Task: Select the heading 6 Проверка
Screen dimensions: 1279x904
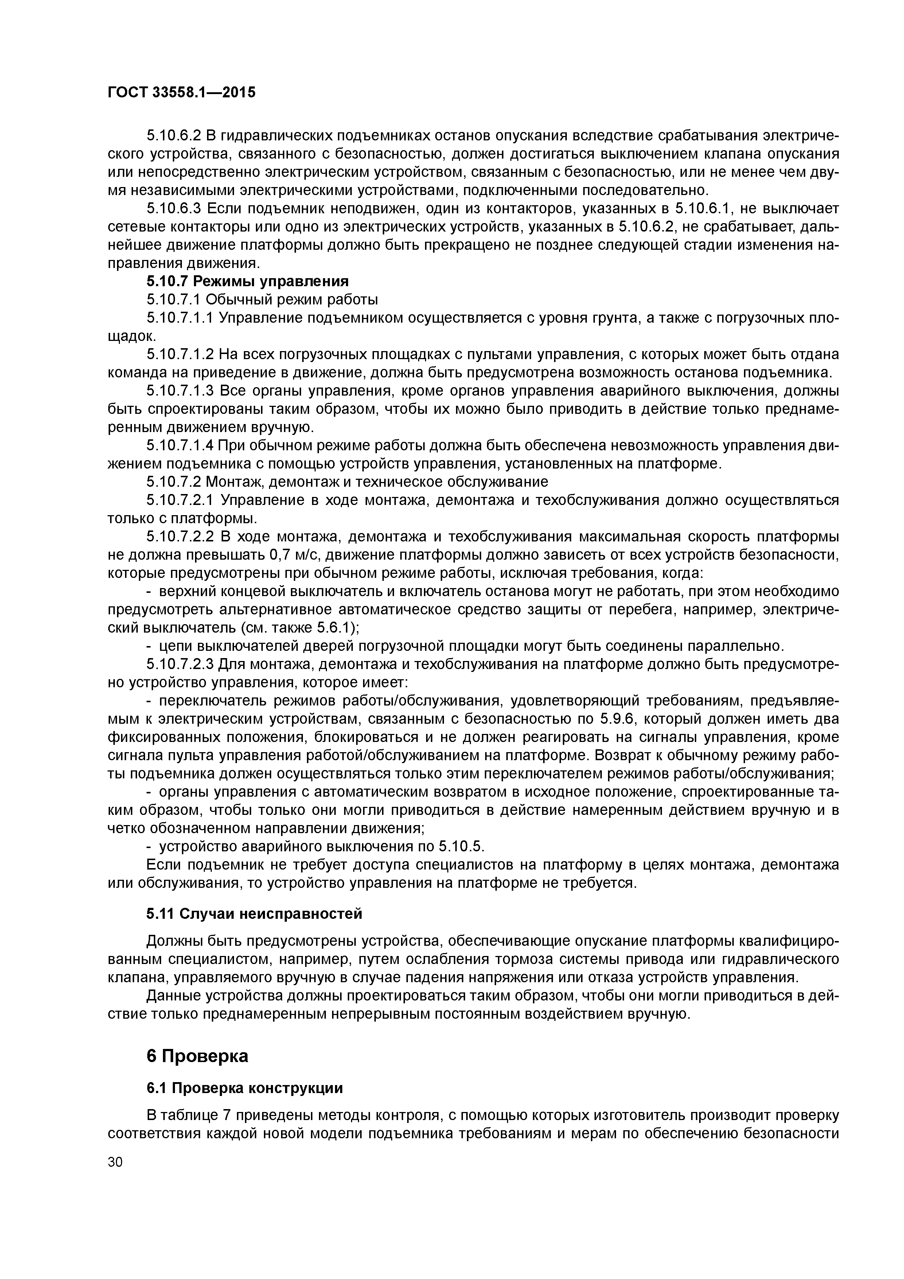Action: pos(197,1056)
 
